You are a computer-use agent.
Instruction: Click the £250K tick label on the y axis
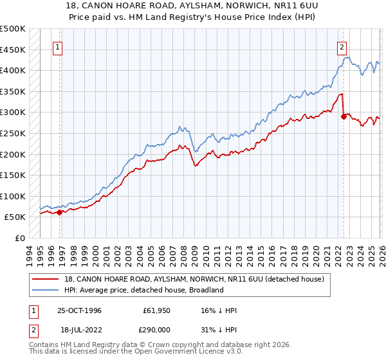click(x=13, y=133)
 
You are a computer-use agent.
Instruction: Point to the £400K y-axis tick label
click(x=13, y=70)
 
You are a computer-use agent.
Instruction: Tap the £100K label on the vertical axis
click(x=13, y=196)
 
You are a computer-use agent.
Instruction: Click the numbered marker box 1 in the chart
click(x=58, y=46)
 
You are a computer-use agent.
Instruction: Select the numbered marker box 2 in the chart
click(x=341, y=46)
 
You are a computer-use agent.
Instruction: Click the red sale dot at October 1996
click(x=60, y=212)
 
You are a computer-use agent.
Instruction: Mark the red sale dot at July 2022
click(x=344, y=116)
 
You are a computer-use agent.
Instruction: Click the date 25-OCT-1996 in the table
click(x=80, y=310)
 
